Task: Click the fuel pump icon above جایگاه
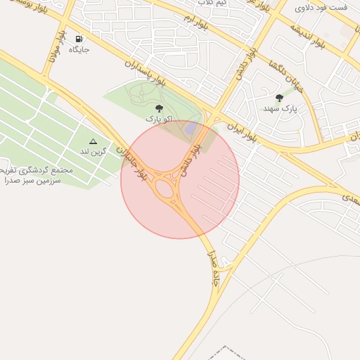point(79,39)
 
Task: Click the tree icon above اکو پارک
point(158,108)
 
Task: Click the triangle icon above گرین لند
point(93,141)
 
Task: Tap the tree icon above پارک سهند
point(279,98)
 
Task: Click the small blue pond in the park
point(190,129)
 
